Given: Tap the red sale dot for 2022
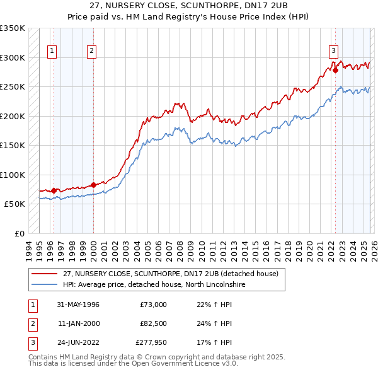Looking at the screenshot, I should tap(335, 71).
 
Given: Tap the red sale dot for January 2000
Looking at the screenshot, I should tap(93, 185).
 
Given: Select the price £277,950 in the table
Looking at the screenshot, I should tap(151, 343).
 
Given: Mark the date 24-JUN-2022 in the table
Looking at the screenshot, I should tap(78, 343).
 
